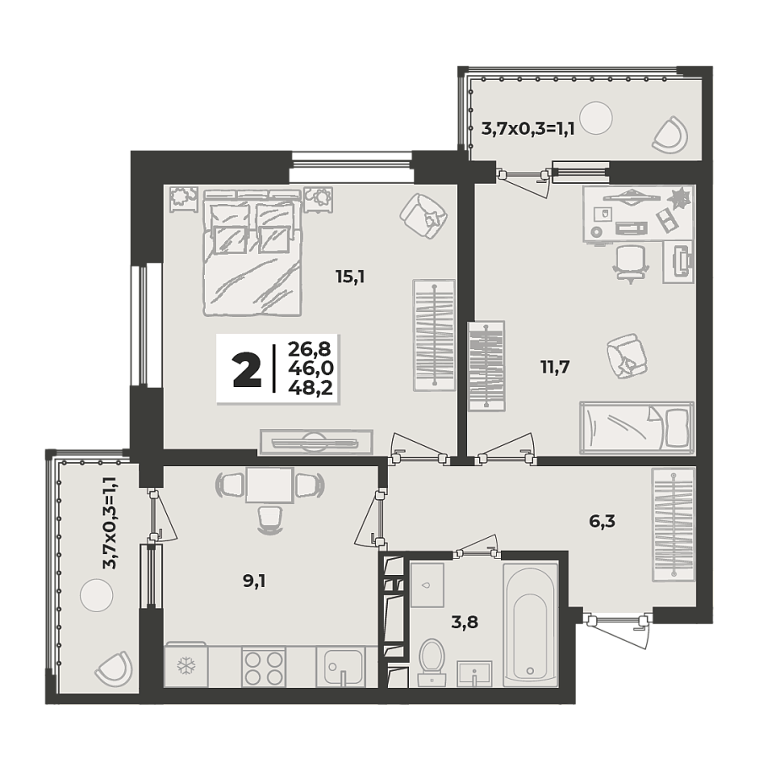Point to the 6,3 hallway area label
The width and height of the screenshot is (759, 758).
click(x=601, y=521)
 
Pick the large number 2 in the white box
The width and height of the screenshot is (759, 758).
click(x=247, y=370)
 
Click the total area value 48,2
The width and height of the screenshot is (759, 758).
click(x=309, y=388)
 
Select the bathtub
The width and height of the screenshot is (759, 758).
click(x=530, y=624)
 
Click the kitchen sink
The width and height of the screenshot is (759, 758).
click(x=341, y=667)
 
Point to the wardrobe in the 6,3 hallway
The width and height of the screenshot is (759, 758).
click(x=673, y=524)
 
